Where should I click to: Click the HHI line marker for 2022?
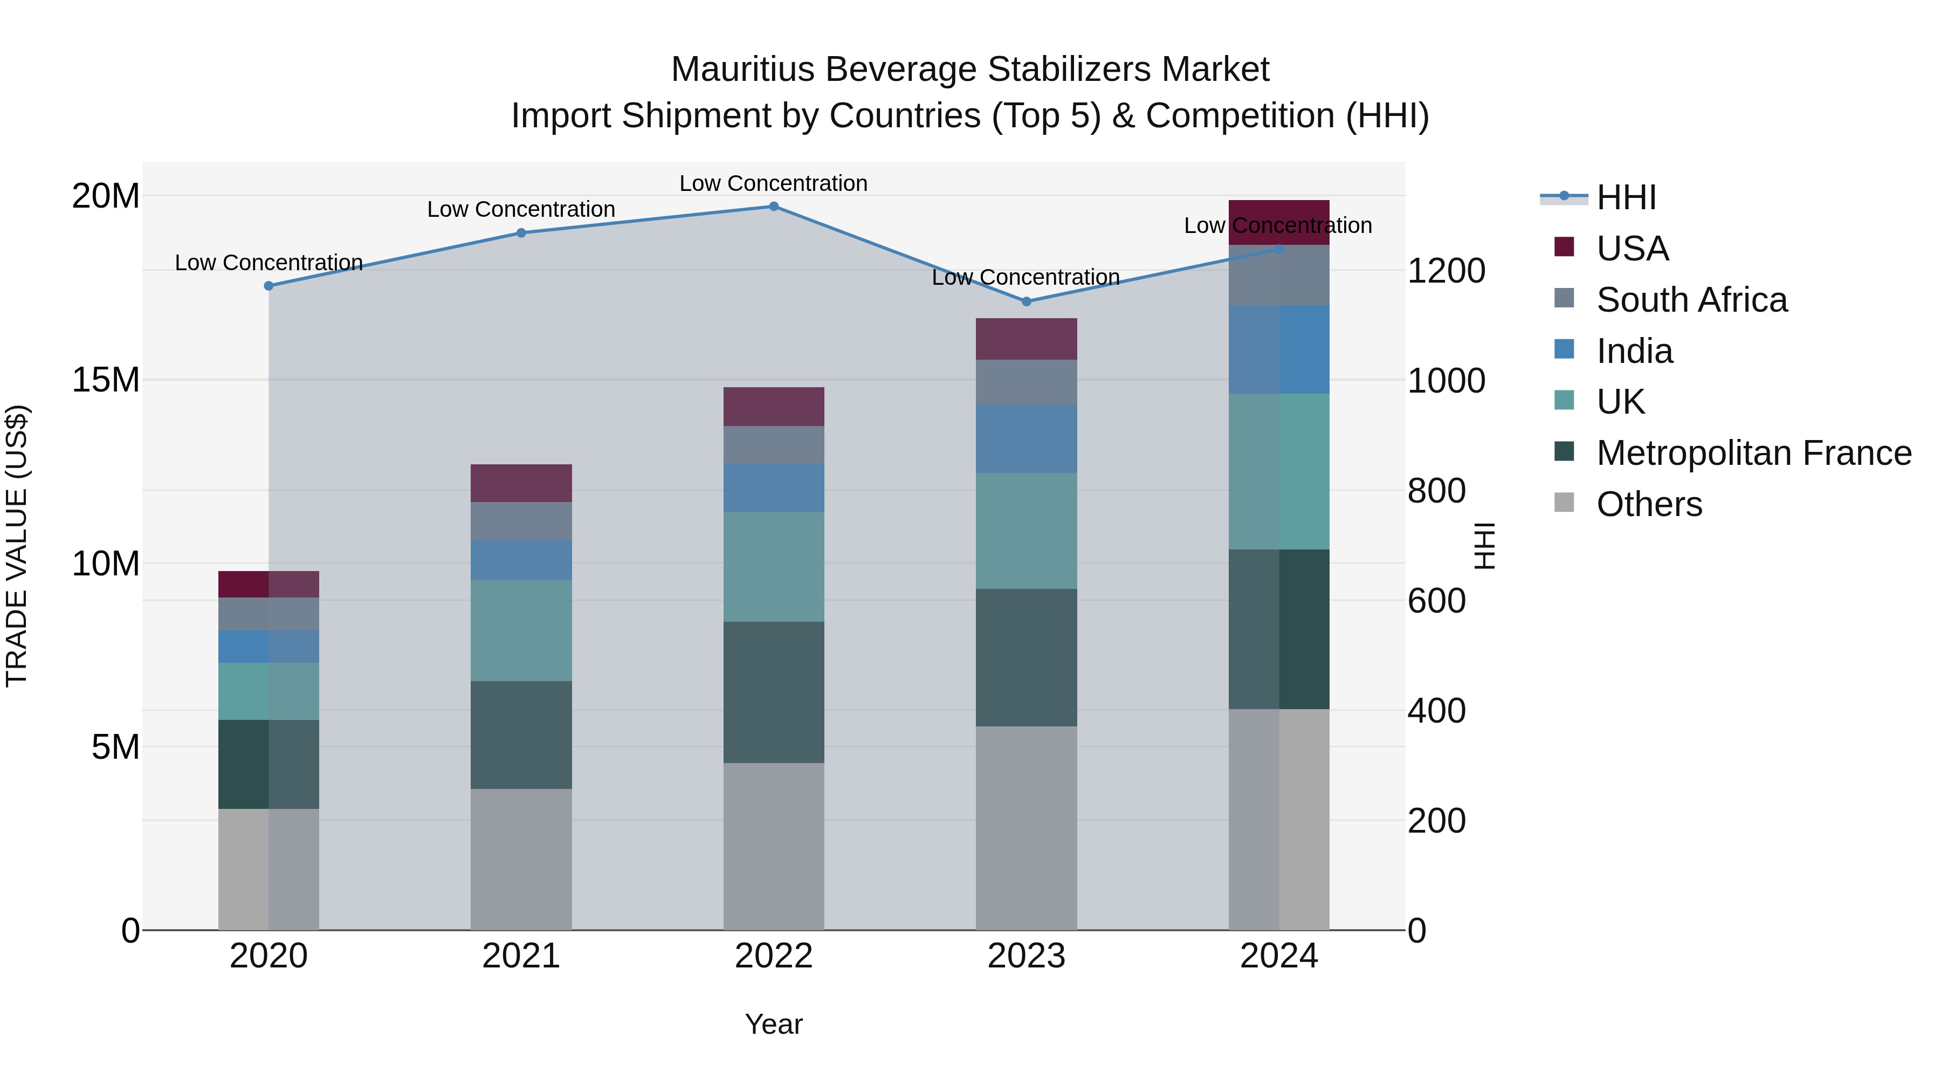(773, 207)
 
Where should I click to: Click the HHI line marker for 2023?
(1025, 301)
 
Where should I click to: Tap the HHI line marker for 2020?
(269, 286)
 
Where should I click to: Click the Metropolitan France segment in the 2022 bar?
(773, 692)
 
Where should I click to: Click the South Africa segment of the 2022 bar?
(773, 445)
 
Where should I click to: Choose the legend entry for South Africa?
(1691, 300)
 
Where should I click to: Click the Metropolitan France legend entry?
(1753, 453)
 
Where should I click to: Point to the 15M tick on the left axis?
(106, 380)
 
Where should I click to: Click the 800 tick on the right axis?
(1436, 491)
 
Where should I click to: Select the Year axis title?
(773, 1024)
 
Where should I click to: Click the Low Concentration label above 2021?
(521, 210)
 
